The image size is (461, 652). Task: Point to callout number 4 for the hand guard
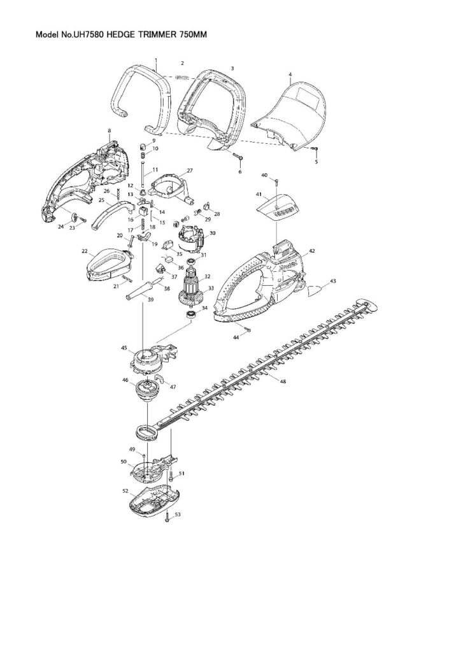pos(290,74)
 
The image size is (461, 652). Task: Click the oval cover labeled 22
pos(106,262)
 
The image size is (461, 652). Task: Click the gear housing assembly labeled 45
pos(152,357)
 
